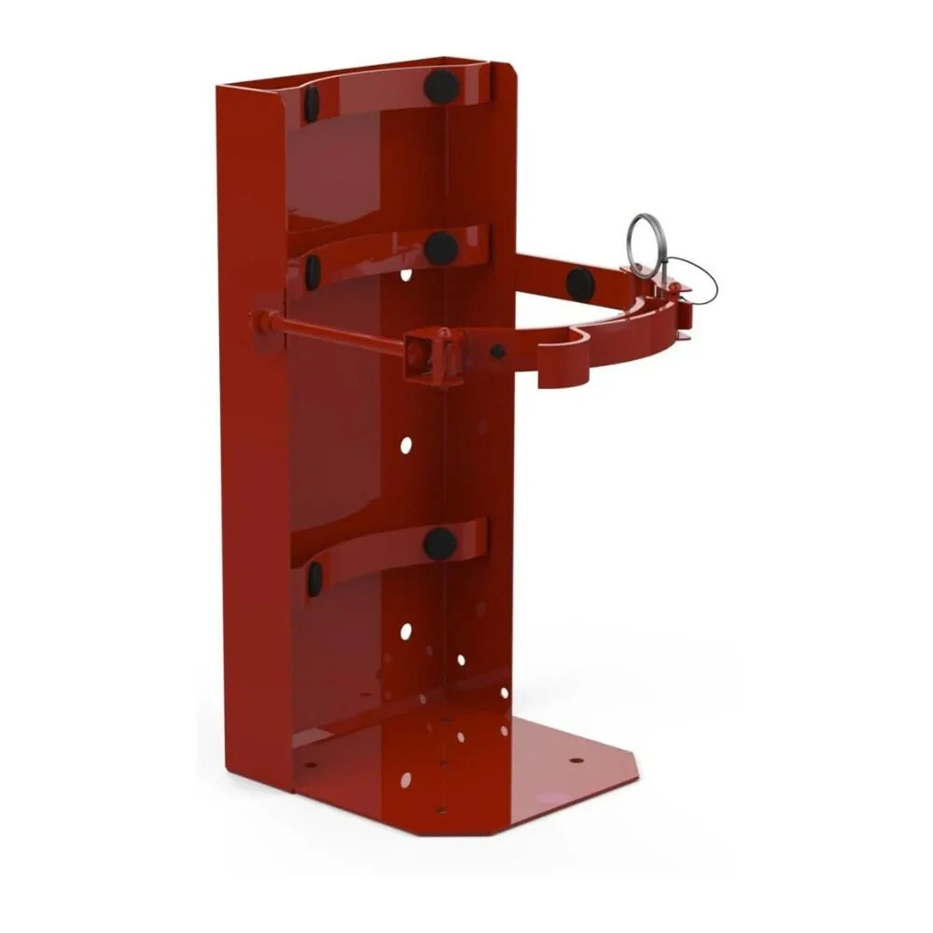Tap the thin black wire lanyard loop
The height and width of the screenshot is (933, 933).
[701, 284]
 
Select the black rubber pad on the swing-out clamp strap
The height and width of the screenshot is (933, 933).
[579, 284]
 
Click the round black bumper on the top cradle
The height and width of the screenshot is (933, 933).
[441, 87]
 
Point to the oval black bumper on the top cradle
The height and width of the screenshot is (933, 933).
[312, 104]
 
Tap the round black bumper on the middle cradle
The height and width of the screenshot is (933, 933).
[440, 248]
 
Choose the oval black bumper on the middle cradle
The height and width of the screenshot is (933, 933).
[313, 272]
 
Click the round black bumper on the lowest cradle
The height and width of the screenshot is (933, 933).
[439, 544]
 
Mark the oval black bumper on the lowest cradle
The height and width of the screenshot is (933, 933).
[314, 578]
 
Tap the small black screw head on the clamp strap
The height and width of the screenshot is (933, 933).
[498, 352]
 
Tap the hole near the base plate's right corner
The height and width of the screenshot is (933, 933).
[576, 759]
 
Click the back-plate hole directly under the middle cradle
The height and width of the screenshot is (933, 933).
[406, 275]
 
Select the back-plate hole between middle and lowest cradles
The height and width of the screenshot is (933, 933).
[406, 445]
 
